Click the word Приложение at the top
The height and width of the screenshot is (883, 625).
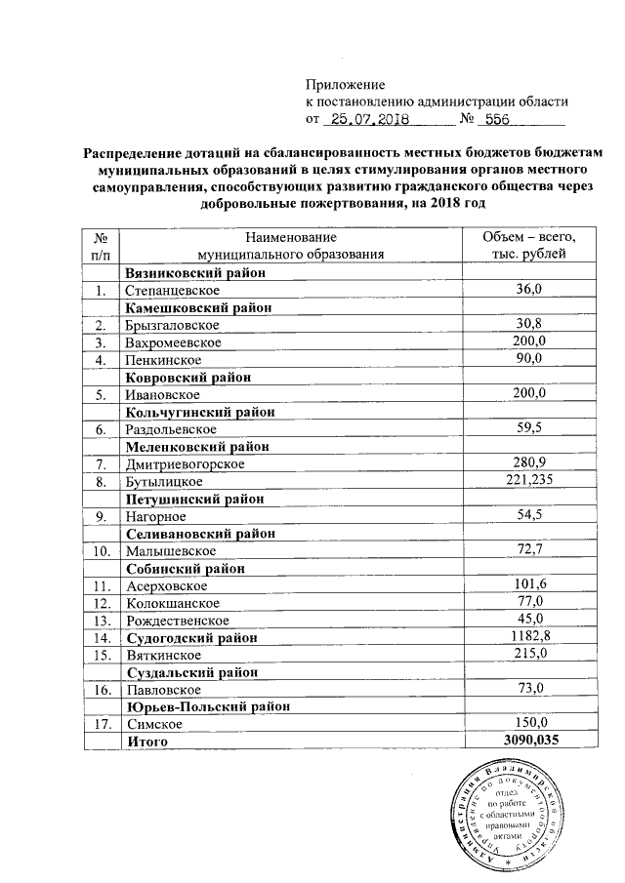pos(346,84)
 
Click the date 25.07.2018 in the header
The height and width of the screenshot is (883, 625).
pos(368,119)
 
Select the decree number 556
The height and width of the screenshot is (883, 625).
pos(500,119)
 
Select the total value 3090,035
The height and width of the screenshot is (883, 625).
pos(528,742)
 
